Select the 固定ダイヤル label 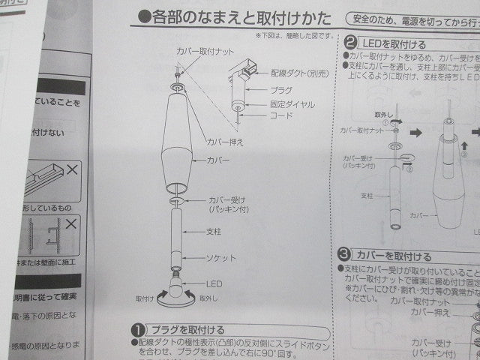[x=288, y=103]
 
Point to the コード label [x=276, y=117]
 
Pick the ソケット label [x=221, y=258]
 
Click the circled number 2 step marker [x=351, y=43]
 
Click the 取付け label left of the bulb [x=145, y=297]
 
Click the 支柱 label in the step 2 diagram [x=367, y=195]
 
